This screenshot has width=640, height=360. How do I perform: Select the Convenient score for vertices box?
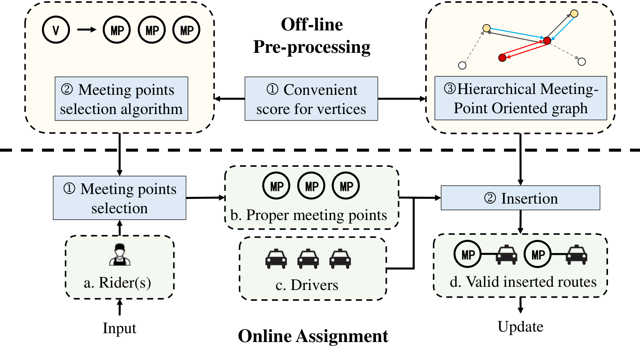[x=311, y=98]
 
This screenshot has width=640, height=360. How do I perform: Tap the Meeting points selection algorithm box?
[x=122, y=98]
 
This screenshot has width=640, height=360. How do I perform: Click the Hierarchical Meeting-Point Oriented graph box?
[x=520, y=98]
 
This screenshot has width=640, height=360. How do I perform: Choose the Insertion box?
[x=520, y=198]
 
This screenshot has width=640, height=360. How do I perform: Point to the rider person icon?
[x=120, y=254]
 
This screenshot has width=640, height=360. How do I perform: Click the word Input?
[x=120, y=328]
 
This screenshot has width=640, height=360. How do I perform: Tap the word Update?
[x=520, y=326]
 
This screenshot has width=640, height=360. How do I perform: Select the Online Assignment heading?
[x=313, y=336]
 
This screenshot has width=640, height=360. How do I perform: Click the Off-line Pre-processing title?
[x=312, y=36]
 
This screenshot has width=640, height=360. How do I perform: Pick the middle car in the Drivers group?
[x=308, y=258]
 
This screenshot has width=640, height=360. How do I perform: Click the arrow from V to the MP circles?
[x=87, y=30]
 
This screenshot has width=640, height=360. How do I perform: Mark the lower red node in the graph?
[x=502, y=58]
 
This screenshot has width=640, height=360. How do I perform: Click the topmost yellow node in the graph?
[x=574, y=14]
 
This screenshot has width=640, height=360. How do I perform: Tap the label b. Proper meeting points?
[x=308, y=215]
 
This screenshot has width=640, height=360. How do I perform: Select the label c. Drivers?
[x=307, y=285]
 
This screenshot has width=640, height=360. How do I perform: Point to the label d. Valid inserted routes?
[x=523, y=282]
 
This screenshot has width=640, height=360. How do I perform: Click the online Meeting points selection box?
[x=120, y=198]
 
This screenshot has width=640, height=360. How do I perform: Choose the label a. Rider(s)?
[x=118, y=282]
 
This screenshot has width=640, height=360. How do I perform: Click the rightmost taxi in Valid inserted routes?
[x=576, y=254]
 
